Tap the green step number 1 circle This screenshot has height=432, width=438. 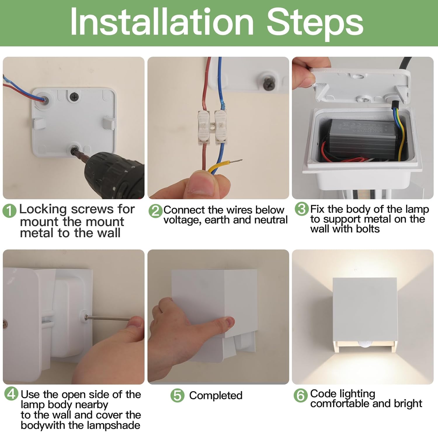[9, 211]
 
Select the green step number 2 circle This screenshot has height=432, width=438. [155, 211]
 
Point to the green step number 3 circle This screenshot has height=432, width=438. [302, 209]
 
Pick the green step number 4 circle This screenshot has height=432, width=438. [11, 394]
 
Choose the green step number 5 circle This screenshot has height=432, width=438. [178, 395]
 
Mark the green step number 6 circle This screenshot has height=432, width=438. [301, 395]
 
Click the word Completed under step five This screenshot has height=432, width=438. [216, 395]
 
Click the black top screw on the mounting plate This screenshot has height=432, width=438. [74, 97]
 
